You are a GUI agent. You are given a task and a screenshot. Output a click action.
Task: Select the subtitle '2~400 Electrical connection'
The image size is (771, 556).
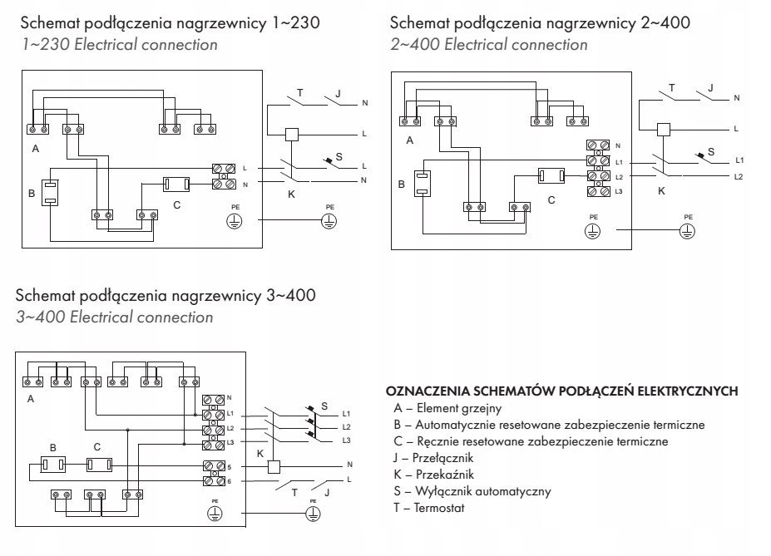click(488, 44)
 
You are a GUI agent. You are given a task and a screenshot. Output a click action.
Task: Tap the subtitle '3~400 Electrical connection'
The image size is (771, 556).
click(115, 317)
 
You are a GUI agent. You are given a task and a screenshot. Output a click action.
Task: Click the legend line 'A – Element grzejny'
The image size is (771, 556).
click(447, 408)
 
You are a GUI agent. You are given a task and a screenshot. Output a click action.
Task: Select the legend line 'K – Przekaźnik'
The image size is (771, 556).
click(434, 475)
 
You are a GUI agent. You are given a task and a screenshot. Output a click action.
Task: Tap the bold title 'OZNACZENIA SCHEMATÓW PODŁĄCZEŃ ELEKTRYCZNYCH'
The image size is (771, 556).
click(561, 391)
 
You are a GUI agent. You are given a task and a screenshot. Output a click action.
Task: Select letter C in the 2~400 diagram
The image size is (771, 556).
click(551, 200)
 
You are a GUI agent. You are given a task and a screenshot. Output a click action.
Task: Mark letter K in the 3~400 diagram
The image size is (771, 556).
click(260, 453)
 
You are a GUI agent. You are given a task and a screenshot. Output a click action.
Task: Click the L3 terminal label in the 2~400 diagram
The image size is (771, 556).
click(618, 192)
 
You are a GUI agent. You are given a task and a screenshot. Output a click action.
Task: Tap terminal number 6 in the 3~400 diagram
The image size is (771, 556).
click(229, 481)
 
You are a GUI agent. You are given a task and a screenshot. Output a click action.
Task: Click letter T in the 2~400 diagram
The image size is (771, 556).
click(671, 87)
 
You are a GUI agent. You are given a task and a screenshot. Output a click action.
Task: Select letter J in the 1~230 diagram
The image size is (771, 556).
click(338, 92)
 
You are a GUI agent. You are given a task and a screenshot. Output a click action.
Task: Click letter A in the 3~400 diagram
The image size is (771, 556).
click(32, 399)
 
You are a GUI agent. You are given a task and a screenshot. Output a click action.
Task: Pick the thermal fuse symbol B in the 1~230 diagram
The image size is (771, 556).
click(50, 193)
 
